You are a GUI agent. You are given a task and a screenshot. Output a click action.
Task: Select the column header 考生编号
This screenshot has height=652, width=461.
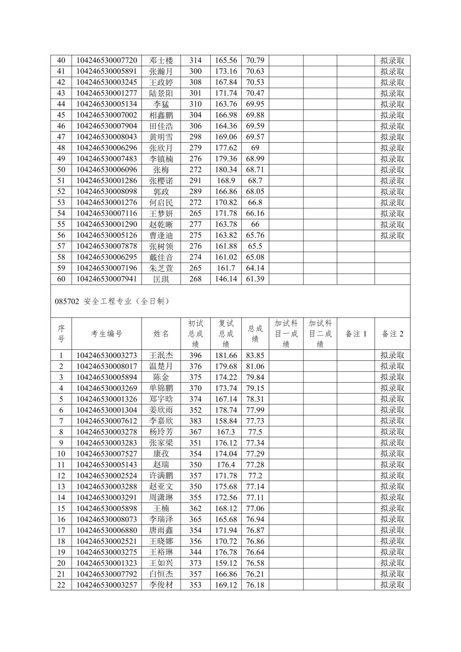[x=107, y=334]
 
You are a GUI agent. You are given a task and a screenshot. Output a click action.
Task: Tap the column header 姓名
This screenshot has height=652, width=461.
[x=161, y=334]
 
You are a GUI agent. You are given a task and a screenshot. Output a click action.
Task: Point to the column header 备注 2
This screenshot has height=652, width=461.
[x=393, y=334]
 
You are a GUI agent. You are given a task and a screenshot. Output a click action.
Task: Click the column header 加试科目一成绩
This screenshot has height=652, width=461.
[x=286, y=334]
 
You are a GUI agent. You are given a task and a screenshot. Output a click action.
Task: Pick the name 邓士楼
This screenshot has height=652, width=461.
[x=161, y=60]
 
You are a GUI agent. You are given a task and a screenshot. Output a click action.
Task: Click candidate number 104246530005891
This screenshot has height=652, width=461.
[x=107, y=71]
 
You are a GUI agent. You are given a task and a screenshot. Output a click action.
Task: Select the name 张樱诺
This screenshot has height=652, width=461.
[x=161, y=181]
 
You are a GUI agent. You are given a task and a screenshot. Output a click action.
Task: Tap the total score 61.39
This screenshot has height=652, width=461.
[x=255, y=279]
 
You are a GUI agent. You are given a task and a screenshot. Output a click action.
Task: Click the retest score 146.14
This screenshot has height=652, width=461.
[x=226, y=279]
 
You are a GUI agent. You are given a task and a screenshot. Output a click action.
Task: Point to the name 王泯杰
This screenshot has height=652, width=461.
[x=161, y=355]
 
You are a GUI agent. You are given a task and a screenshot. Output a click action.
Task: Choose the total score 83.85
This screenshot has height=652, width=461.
[x=255, y=355]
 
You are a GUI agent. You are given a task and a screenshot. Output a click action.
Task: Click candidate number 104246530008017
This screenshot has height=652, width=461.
[x=107, y=366]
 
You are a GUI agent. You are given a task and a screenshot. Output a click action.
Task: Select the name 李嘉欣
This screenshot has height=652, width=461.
[x=161, y=421]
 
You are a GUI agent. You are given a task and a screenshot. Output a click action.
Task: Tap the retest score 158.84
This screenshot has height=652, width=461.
[x=226, y=421]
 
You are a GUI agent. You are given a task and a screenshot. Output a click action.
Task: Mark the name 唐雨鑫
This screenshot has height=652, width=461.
[x=161, y=530]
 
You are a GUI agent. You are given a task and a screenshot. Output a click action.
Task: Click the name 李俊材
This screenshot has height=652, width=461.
[x=161, y=585]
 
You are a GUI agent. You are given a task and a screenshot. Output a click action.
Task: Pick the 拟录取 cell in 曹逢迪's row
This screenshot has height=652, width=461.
[x=393, y=235]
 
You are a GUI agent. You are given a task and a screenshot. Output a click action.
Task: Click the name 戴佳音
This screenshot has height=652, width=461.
[x=161, y=257]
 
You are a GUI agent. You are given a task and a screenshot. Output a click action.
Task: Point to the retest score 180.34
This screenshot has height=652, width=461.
[x=226, y=170]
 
